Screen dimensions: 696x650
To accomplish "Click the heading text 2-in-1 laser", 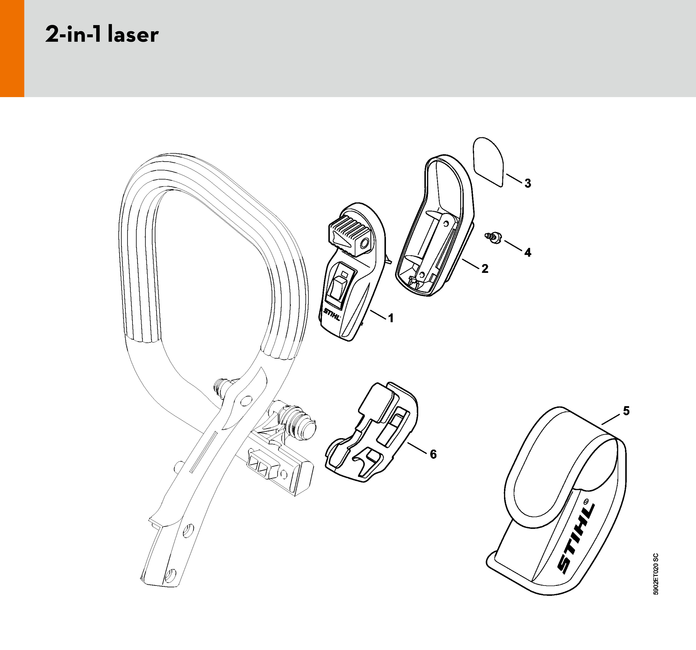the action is pos(102,35).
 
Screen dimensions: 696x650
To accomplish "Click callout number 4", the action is pos(528,252).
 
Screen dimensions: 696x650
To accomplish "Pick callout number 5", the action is pos(626,411).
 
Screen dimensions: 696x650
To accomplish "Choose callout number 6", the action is pos(433,454).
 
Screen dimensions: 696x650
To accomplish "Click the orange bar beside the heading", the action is pos(12,48).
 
